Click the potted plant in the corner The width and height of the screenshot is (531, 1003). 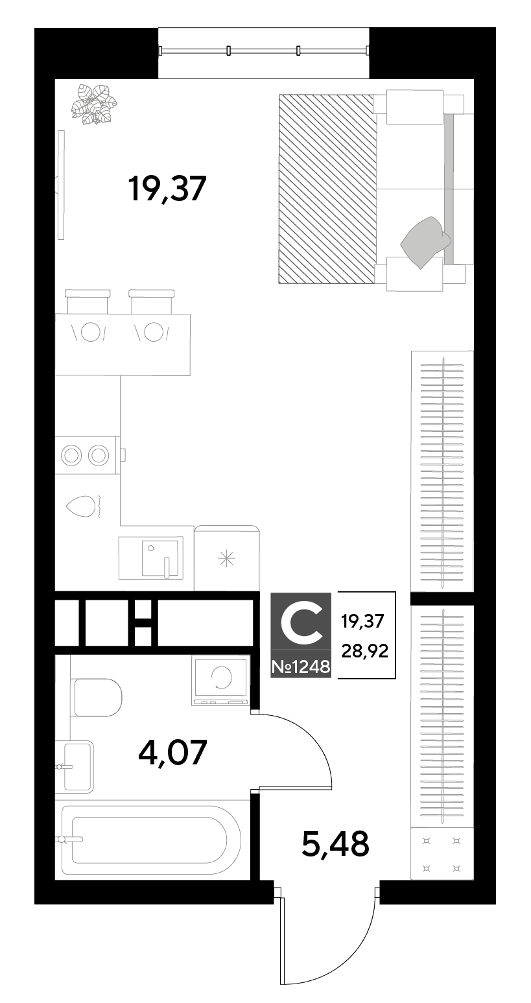pos(94,104)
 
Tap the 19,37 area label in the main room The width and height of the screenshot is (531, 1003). pos(167,189)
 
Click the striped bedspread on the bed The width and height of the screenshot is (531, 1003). pos(327,189)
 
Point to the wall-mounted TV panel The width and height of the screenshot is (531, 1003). pos(62,185)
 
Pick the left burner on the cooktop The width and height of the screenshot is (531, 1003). pos(71,455)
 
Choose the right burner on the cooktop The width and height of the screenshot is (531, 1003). pos(99,455)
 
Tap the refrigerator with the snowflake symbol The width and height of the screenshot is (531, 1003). pos(227,558)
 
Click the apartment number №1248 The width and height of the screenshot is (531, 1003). pos(301,667)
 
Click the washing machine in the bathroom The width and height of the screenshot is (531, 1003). pos(220,681)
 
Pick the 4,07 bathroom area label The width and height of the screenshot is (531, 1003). pos(172,753)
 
